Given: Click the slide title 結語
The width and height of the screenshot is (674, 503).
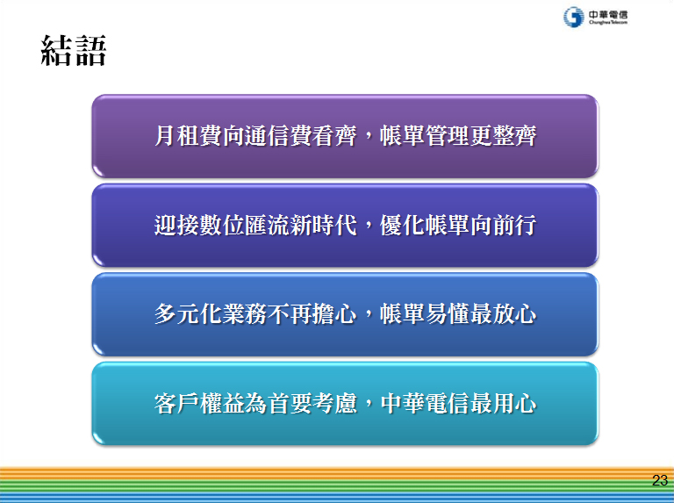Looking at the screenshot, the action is click(73, 51).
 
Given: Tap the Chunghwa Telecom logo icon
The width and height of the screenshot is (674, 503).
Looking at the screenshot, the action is click(573, 18).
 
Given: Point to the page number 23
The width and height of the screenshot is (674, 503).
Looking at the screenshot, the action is click(660, 480).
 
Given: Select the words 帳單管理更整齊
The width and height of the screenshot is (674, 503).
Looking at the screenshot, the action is click(458, 136).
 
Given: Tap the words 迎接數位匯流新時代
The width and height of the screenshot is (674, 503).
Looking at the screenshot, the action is click(255, 225).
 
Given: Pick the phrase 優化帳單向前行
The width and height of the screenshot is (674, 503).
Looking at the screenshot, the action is click(458, 225).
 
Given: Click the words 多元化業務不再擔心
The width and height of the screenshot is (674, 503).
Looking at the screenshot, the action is click(255, 314).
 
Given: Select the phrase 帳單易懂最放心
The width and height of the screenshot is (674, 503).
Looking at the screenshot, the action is click(458, 314).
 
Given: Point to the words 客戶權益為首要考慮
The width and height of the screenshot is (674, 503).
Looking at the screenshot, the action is click(255, 403).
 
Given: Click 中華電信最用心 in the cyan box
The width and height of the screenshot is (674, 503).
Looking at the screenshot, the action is click(458, 403).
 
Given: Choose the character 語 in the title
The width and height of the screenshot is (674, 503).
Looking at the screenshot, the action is click(90, 51).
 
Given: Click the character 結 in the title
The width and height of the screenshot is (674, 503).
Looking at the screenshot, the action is click(56, 51).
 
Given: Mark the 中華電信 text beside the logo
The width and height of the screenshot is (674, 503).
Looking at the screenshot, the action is click(608, 15).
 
